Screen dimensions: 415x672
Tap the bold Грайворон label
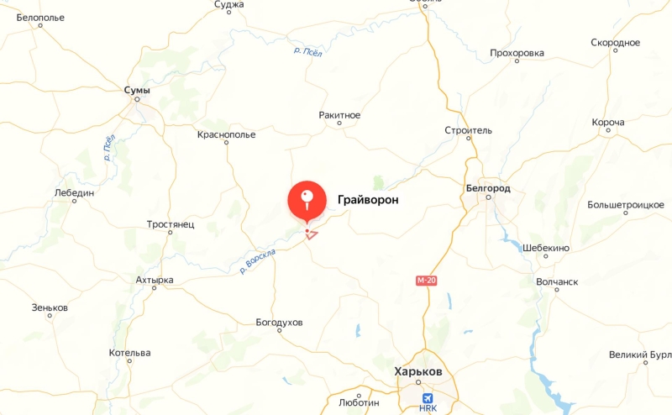coord(367,200)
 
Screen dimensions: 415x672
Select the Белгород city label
coord(487,188)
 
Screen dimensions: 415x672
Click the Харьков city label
coord(417,371)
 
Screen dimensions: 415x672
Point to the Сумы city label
coord(137,89)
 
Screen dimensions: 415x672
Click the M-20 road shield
coord(426,280)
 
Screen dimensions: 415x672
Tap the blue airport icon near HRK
coord(428,397)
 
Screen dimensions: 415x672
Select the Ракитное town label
coord(339,114)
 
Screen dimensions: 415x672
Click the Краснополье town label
coord(226,134)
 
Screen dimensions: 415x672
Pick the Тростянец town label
coord(171,224)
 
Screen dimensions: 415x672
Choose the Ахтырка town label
coord(155,279)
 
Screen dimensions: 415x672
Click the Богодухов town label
coord(279,323)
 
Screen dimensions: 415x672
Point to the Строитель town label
coord(468,130)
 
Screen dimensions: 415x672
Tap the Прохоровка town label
coord(517,53)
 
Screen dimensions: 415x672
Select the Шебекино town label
coord(546,248)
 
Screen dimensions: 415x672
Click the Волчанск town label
coord(557,281)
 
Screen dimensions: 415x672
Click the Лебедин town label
coord(74,192)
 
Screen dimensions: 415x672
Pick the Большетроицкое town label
coord(626,204)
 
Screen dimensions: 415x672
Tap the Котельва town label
coord(129,352)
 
